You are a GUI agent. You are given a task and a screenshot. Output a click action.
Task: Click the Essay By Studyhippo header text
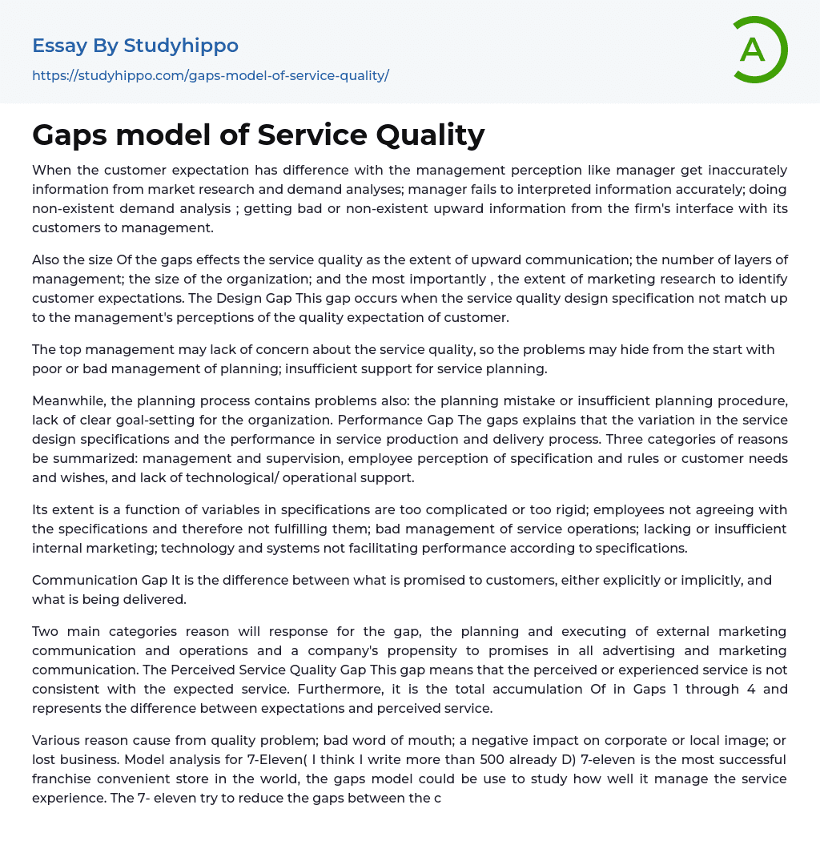(135, 46)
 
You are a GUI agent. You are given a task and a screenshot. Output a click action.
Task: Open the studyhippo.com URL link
(211, 75)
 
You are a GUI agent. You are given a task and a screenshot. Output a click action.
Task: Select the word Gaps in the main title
(70, 135)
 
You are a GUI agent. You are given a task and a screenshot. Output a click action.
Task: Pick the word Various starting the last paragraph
(57, 740)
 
